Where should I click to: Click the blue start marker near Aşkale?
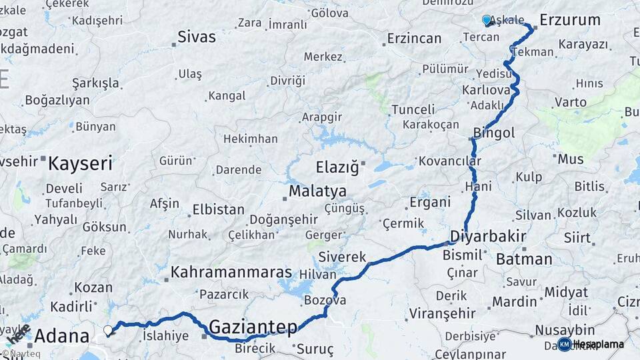pos(487,20)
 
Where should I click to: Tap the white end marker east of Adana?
pos(108,329)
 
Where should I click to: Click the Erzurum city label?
pos(570,20)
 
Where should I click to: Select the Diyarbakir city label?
pos(488,237)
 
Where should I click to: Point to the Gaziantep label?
pos(253,327)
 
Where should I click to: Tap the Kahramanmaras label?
pos(231,272)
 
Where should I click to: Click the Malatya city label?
pos(317,191)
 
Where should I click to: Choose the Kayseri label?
pos(81,162)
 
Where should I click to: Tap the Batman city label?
pos(524,259)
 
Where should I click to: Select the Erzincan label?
pos(414,38)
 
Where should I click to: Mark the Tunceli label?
pos(413,109)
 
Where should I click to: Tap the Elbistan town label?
pos(218,209)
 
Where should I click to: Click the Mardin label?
pos(514,301)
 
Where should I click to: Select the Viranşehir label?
pos(442,313)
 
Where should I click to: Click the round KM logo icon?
pos(564,344)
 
